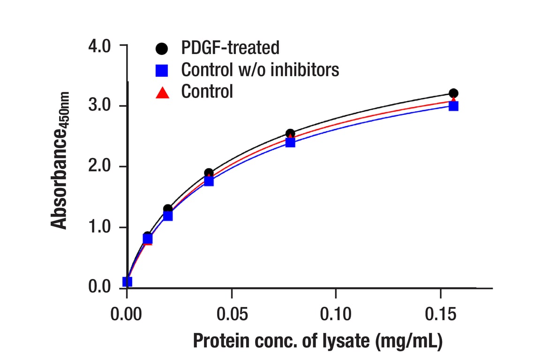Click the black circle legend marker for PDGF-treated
tap(162, 48)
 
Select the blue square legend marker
tap(162, 70)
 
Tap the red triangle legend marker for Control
tap(162, 92)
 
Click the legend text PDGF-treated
tap(230, 47)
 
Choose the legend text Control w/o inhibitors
tap(260, 70)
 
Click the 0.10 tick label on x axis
tap(336, 314)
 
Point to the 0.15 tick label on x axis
tap(440, 314)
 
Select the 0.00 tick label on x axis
tap(127, 314)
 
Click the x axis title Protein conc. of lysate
tap(317, 341)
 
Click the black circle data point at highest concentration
tap(453, 93)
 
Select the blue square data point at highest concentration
tap(453, 106)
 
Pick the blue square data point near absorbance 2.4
tap(290, 142)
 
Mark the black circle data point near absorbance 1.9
tap(209, 173)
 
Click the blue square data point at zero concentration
tap(127, 282)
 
